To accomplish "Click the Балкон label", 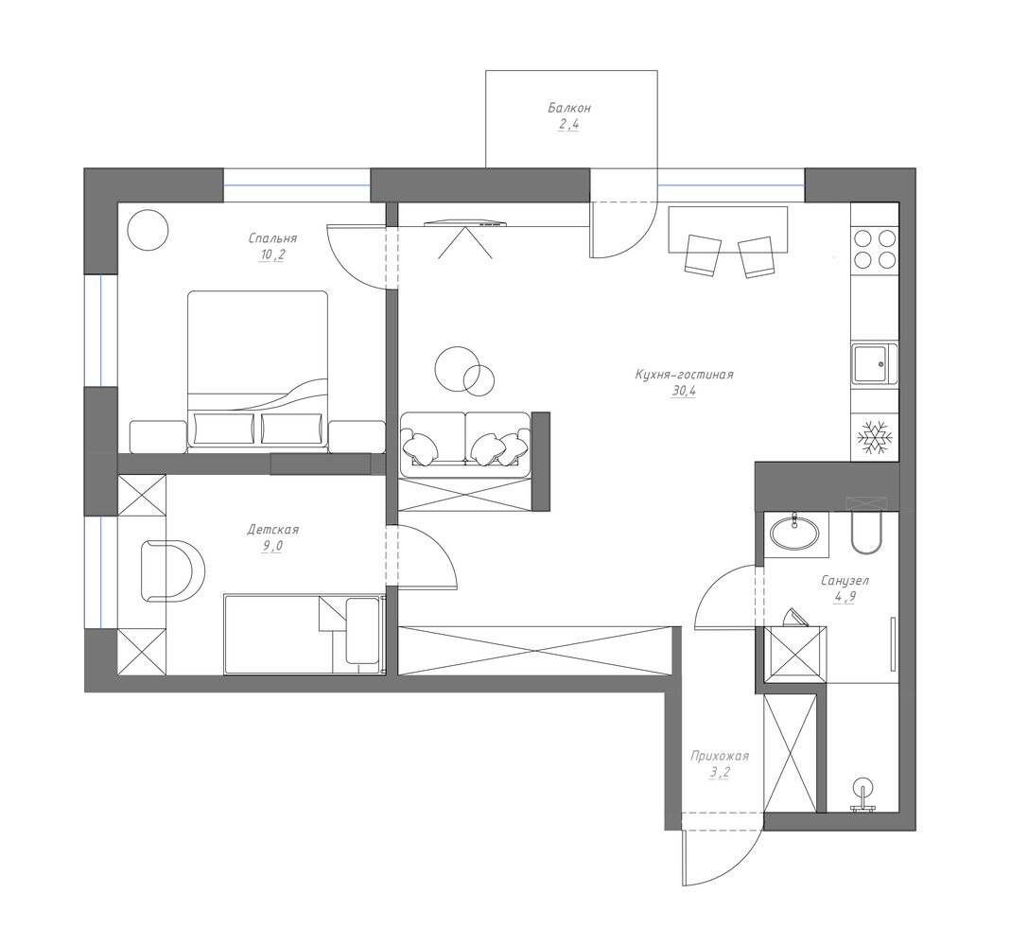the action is point(569,108).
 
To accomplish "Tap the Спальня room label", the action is point(272,238).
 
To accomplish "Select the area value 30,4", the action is point(683,392).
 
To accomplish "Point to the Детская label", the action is point(272,530).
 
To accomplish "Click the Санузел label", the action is point(845,581).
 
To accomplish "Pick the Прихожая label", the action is point(719,757).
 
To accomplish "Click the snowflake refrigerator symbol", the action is point(875,437).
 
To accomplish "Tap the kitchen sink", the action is point(875,364).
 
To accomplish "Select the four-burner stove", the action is point(875,249).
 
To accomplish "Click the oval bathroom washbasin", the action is point(794,533).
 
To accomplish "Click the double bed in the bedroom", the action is point(257,371).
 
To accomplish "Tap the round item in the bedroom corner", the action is point(148,230).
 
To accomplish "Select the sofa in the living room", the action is point(465,445).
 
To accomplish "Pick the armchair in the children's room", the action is point(172,570).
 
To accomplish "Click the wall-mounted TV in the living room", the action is point(466,224).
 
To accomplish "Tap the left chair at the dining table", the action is point(702,255).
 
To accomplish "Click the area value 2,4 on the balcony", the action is point(568,125).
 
